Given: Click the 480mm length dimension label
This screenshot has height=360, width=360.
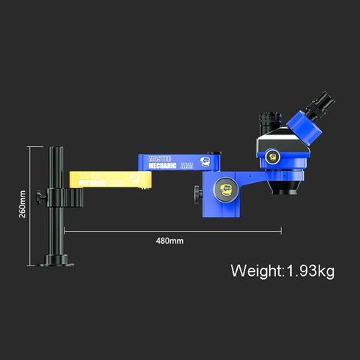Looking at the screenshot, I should click(169, 241).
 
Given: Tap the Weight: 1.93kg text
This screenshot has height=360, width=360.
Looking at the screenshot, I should click(282, 270).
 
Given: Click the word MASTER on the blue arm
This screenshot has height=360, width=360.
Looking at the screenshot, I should click(161, 159).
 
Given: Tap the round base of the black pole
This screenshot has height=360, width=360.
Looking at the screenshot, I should click(58, 261).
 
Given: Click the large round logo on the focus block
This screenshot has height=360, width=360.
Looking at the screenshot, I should click(223, 189).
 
